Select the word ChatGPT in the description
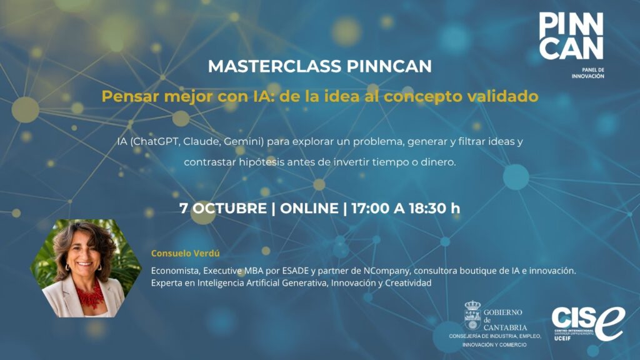(156, 142)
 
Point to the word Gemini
(243, 142)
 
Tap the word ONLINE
(309, 208)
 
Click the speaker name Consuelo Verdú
(185, 253)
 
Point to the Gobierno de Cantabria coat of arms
(472, 316)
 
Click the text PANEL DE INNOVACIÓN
(587, 73)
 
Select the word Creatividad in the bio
(408, 283)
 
